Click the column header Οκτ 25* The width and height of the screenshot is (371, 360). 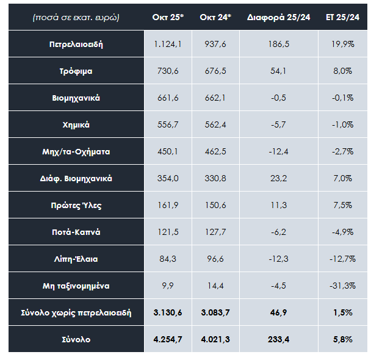pyautogui.click(x=168, y=18)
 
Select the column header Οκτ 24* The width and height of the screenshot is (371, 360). pyautogui.click(x=215, y=18)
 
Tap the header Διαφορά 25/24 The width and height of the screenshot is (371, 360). pyautogui.click(x=278, y=18)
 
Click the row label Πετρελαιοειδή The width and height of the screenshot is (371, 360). pyautogui.click(x=76, y=45)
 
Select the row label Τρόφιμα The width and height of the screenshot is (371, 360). pyautogui.click(x=76, y=71)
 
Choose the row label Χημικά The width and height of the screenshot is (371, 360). pyautogui.click(x=76, y=125)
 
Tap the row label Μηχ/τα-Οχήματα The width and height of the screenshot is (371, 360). pyautogui.click(x=76, y=152)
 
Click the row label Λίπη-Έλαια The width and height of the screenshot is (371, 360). pyautogui.click(x=76, y=259)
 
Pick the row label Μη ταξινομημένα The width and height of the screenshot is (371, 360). pyautogui.click(x=76, y=286)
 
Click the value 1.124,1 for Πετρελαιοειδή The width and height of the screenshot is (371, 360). pyautogui.click(x=168, y=45)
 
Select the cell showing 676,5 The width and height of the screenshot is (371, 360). pyautogui.click(x=215, y=71)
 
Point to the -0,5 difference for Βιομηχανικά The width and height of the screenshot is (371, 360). pyautogui.click(x=278, y=98)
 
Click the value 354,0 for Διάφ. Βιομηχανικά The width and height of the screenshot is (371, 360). pyautogui.click(x=168, y=179)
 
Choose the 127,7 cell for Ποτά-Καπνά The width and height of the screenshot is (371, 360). pyautogui.click(x=215, y=232)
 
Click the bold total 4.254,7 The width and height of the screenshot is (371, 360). pyautogui.click(x=168, y=339)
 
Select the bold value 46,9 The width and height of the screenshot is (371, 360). pyautogui.click(x=278, y=313)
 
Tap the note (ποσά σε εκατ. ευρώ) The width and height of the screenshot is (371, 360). pyautogui.click(x=76, y=18)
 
